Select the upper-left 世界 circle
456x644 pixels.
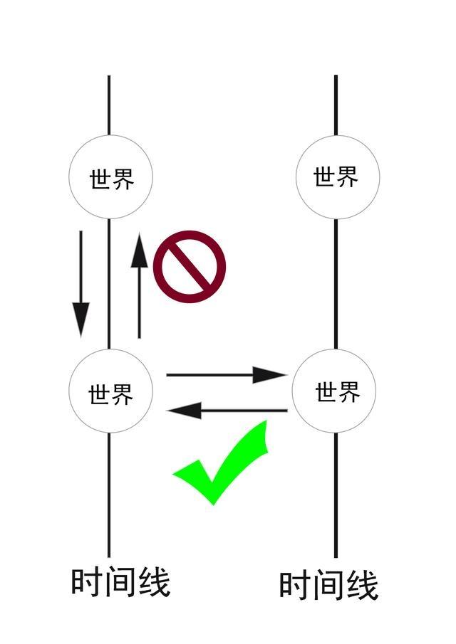coord(111,177)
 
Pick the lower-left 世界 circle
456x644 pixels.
coord(110,391)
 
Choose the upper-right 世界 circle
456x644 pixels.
coord(336,176)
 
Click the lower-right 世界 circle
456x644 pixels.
coord(336,391)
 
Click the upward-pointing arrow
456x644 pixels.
coord(140,285)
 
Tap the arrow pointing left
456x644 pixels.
coord(227,410)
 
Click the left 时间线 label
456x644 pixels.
coord(120,582)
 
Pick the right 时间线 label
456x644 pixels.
coord(328,586)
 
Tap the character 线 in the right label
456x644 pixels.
coord(362,586)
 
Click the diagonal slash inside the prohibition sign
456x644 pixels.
coord(190,266)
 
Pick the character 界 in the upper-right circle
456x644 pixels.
coord(347,176)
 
